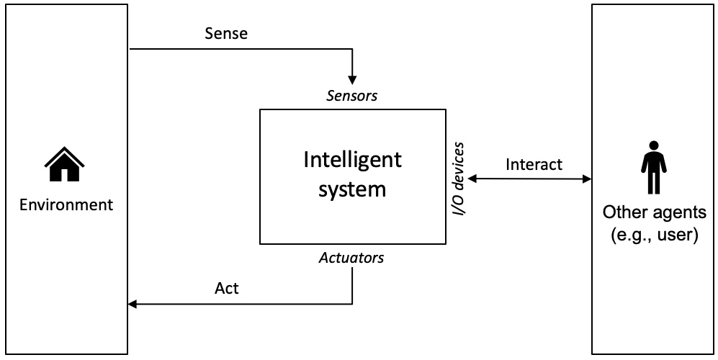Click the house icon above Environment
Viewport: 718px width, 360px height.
pyautogui.click(x=65, y=164)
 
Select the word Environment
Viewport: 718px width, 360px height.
pyautogui.click(x=66, y=204)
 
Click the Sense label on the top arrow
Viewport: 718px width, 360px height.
pyautogui.click(x=226, y=33)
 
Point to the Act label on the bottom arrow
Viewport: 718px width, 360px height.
pyautogui.click(x=226, y=289)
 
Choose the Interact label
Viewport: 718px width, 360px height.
pyautogui.click(x=534, y=164)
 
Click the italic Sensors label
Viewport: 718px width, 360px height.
pyautogui.click(x=352, y=95)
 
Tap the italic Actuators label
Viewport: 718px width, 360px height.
pyautogui.click(x=351, y=258)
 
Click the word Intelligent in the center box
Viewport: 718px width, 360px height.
pyautogui.click(x=352, y=160)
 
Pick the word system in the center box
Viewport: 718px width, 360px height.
pyautogui.click(x=352, y=189)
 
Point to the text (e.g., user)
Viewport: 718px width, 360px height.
pyautogui.click(x=654, y=235)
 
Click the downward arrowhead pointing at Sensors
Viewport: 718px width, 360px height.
pyautogui.click(x=352, y=78)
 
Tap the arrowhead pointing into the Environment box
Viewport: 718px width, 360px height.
pyautogui.click(x=133, y=304)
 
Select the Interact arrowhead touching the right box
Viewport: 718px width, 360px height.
pyautogui.click(x=586, y=178)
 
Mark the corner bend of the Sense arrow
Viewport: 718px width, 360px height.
pyautogui.click(x=352, y=50)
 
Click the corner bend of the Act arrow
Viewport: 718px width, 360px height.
pyautogui.click(x=352, y=304)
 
